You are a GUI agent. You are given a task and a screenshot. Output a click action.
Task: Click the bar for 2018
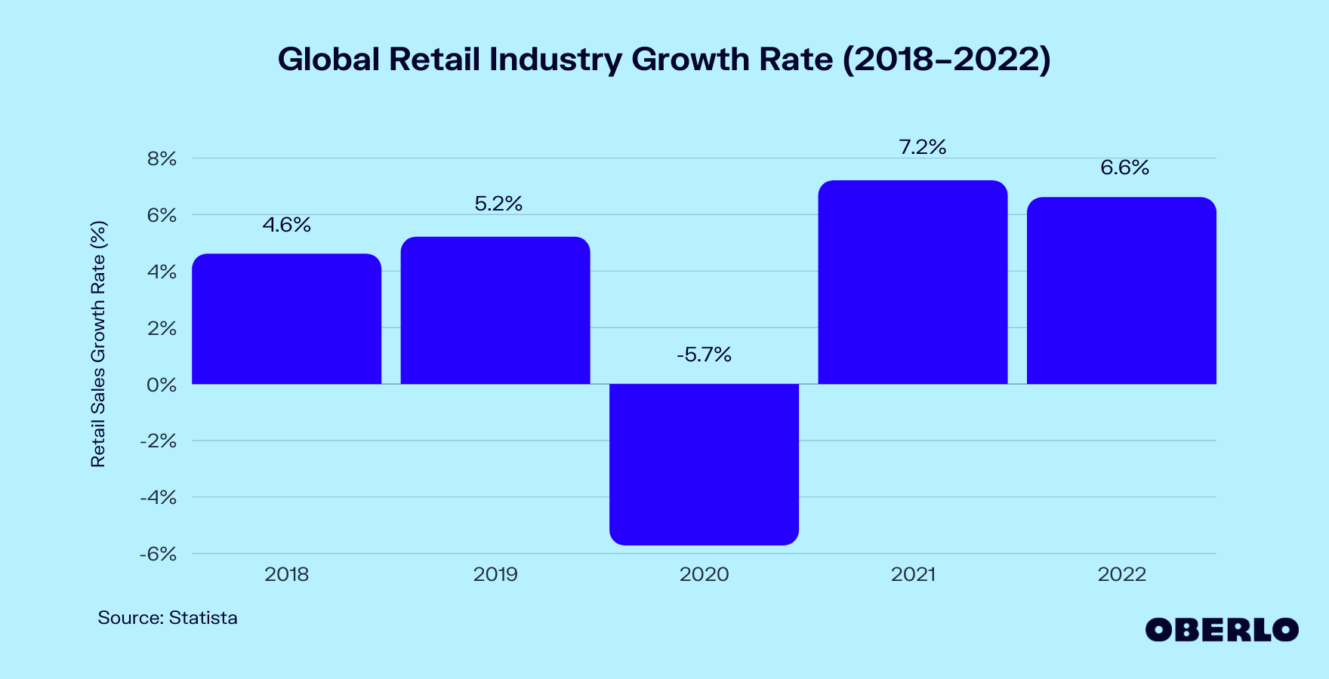(286, 319)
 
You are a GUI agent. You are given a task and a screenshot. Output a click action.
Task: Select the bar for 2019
(495, 311)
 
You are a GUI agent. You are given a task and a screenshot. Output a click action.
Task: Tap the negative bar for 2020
(704, 464)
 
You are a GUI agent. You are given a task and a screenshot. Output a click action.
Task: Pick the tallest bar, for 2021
(913, 282)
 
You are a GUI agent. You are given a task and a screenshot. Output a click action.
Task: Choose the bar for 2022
(1121, 290)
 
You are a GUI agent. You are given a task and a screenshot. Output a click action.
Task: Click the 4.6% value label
(286, 225)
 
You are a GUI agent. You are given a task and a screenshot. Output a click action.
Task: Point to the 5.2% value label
(498, 204)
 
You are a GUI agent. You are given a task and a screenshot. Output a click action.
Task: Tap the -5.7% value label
(704, 355)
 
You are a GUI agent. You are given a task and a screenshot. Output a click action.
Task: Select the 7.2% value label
(922, 147)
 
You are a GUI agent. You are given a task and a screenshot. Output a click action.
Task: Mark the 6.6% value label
(1124, 167)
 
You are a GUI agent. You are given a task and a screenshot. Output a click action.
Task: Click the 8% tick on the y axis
(162, 159)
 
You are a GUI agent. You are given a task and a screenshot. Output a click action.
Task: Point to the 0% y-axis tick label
(162, 385)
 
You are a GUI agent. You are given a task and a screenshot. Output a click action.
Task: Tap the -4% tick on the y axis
(158, 498)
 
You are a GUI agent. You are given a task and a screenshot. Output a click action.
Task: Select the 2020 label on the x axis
(704, 575)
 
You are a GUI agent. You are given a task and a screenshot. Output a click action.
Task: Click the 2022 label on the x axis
(1121, 575)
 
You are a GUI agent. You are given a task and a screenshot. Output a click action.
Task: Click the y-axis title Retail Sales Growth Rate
(98, 344)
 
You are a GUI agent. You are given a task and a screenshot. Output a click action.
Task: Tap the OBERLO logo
(1221, 630)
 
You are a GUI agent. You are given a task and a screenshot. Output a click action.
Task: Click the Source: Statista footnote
(168, 618)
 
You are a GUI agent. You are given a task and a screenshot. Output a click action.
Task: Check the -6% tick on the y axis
(158, 555)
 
